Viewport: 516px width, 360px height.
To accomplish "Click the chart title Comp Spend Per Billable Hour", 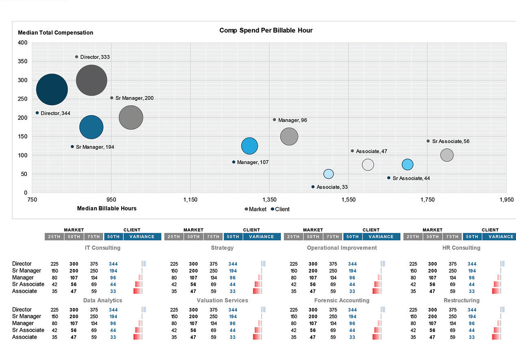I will point(266,30).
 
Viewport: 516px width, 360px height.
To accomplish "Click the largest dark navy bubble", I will point(52,90).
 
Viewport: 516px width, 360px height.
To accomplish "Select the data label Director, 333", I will point(95,57).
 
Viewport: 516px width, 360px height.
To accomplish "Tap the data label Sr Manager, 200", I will point(134,98).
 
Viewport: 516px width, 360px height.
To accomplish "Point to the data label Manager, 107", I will point(253,163).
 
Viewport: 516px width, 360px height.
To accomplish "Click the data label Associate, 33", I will point(332,187).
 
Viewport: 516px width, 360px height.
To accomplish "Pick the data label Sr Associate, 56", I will point(451,141).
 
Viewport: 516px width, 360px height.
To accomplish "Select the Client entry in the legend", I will point(282,209).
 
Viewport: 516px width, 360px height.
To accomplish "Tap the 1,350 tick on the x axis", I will point(269,200).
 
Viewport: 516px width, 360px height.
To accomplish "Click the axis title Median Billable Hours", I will point(107,208).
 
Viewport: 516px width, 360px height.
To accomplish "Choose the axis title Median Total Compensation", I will point(56,33).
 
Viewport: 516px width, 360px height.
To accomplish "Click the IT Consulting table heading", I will point(102,248).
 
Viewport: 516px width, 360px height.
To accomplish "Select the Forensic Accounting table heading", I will point(342,301).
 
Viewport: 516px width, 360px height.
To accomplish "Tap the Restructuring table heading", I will point(461,301).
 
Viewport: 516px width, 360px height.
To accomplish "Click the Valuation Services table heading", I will point(222,301).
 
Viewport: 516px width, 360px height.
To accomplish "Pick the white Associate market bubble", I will point(368,165).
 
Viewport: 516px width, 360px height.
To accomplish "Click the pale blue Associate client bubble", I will point(329,174).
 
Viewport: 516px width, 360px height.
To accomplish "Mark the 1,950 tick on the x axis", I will point(506,200).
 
